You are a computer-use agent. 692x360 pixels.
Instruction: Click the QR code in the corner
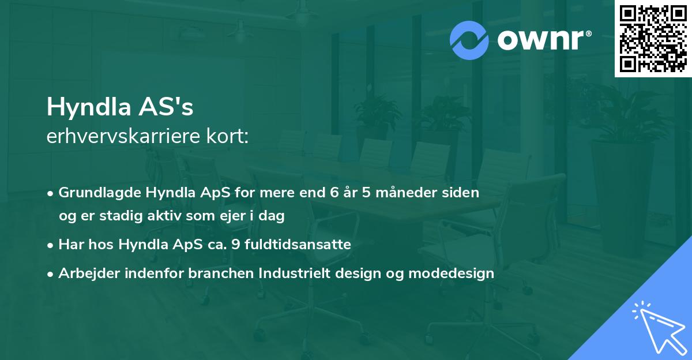[653, 38]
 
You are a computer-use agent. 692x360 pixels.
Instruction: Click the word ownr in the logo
[544, 40]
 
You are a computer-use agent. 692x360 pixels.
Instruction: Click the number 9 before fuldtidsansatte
[234, 245]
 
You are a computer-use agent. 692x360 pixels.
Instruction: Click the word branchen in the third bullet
[215, 273]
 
